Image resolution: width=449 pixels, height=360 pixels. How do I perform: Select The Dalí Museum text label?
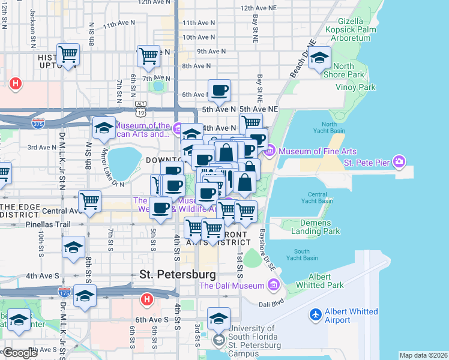pos(232,286)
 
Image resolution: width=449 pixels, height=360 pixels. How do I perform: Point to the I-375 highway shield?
pos(38,122)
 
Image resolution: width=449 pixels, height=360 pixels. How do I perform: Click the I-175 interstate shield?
pos(64,292)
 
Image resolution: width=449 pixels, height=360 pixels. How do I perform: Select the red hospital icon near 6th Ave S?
pos(146,299)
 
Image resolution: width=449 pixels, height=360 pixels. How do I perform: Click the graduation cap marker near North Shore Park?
pos(321,58)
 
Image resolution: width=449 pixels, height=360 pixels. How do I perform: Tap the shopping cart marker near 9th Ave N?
pos(148,56)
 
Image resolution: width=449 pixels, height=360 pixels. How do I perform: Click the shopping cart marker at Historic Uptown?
pos(68,55)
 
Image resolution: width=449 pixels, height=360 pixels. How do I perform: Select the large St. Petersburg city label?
pos(177,274)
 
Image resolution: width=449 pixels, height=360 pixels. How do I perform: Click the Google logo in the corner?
pos(20,353)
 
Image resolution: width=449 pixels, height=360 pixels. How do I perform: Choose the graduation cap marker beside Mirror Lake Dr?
pos(104,128)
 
